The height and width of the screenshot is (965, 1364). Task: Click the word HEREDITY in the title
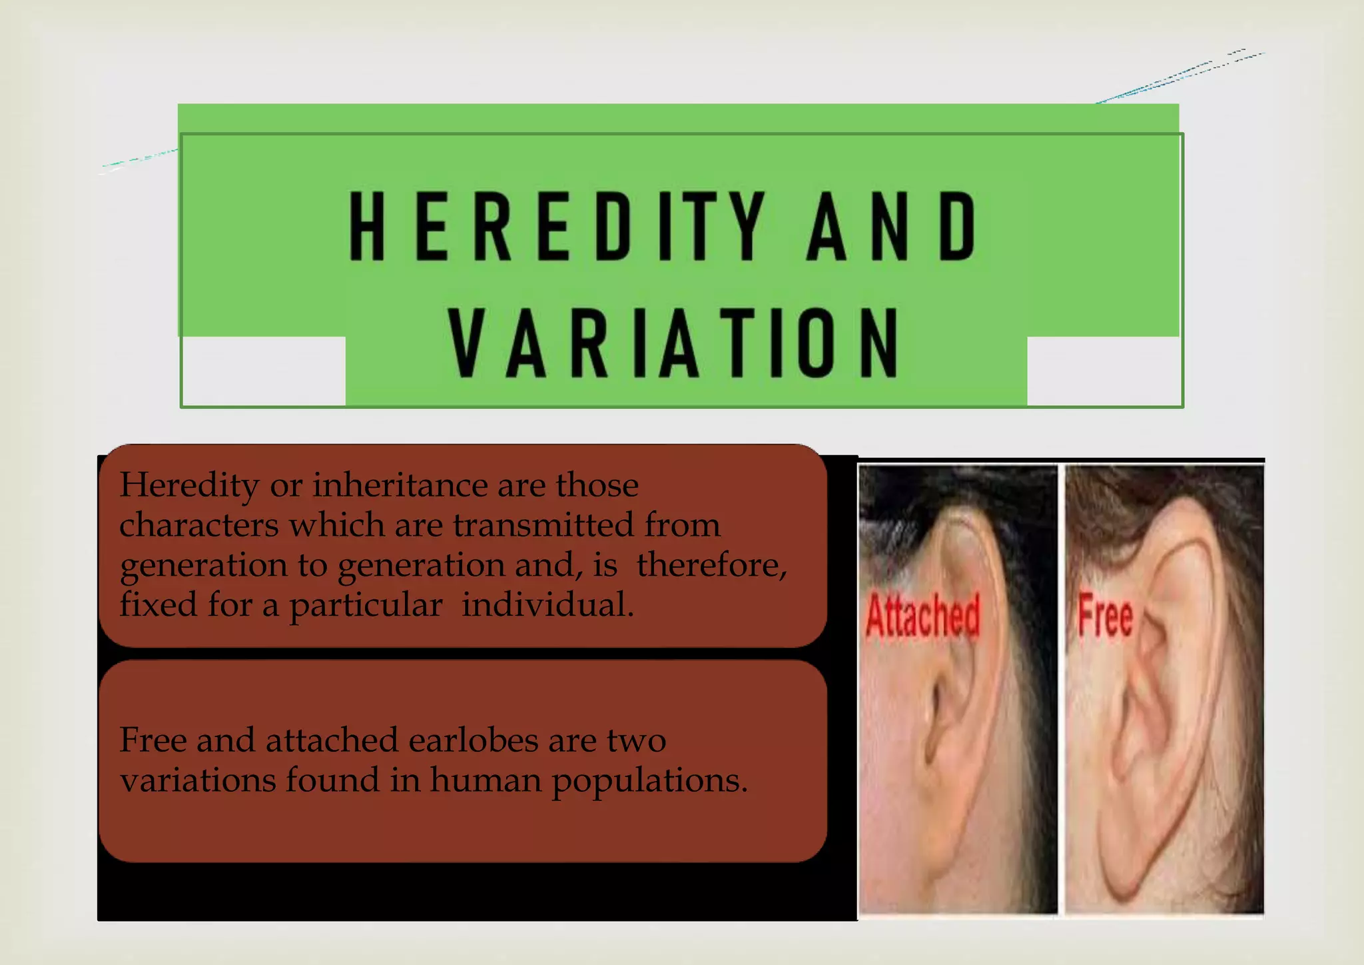557,225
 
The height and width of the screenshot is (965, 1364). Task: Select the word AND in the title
891,225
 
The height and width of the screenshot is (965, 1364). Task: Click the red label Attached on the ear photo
922,614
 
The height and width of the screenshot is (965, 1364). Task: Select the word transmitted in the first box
543,525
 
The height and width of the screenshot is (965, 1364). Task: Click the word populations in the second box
649,780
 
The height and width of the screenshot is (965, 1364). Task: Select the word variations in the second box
198,780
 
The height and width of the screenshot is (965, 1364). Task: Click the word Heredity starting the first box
189,485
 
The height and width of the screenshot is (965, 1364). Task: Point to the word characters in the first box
198,525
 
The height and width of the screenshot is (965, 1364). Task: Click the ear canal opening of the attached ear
936,706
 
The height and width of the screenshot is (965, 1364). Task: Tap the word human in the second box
485,780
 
